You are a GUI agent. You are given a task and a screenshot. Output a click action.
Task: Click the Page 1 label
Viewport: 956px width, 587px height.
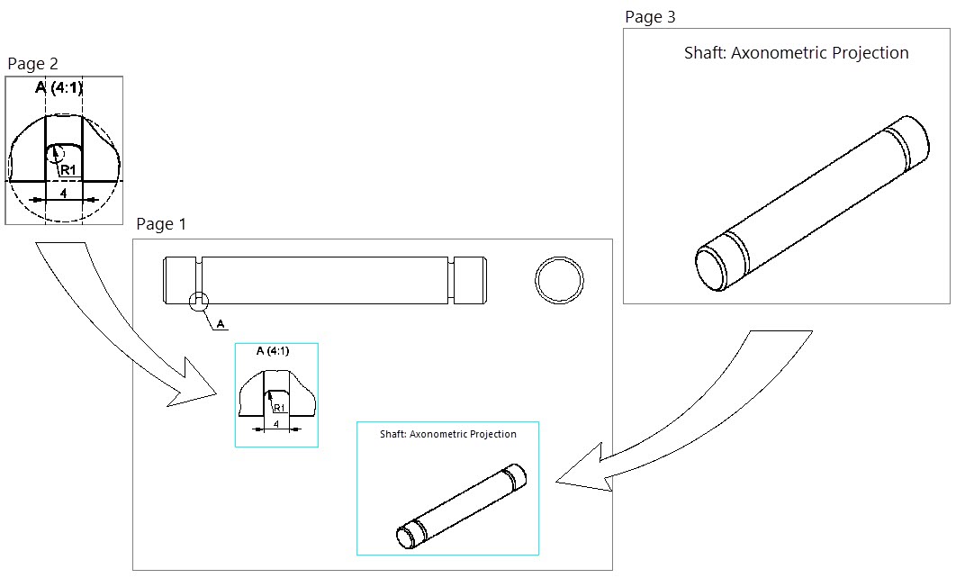point(160,224)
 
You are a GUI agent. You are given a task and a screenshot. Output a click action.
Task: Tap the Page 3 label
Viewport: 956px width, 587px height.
point(650,17)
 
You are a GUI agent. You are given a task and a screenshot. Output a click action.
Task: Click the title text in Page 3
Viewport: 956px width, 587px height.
point(796,53)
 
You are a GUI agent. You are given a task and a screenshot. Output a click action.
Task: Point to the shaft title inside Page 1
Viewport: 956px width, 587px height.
point(447,434)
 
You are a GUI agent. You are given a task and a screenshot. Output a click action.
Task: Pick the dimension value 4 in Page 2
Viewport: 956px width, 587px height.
point(63,192)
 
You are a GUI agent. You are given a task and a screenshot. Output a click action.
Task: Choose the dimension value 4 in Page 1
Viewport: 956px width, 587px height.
point(275,422)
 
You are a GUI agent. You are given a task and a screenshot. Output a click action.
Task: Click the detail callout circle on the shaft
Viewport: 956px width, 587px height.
point(199,302)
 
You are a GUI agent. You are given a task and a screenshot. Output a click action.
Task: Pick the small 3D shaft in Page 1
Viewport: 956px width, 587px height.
point(461,507)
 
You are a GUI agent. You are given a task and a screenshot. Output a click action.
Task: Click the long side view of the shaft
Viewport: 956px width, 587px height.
point(325,281)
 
